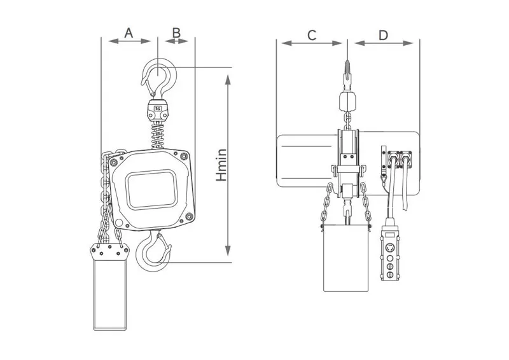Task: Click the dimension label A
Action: (x=129, y=32)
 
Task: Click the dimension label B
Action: (x=177, y=32)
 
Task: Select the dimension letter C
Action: (x=312, y=35)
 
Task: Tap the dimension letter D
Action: (x=383, y=35)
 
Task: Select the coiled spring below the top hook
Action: (x=158, y=134)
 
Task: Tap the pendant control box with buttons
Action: (x=388, y=253)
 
